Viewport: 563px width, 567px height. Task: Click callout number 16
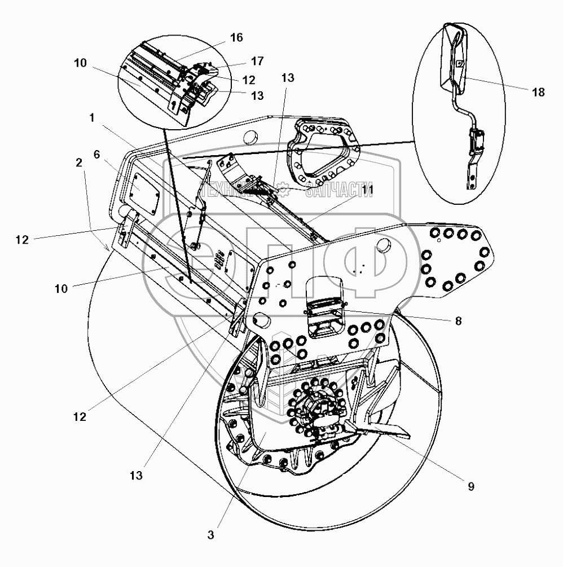point(236,38)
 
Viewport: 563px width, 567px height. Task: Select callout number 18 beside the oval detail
point(538,92)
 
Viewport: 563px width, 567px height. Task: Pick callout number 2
point(79,162)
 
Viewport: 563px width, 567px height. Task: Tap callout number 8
point(458,320)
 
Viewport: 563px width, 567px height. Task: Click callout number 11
point(367,192)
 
